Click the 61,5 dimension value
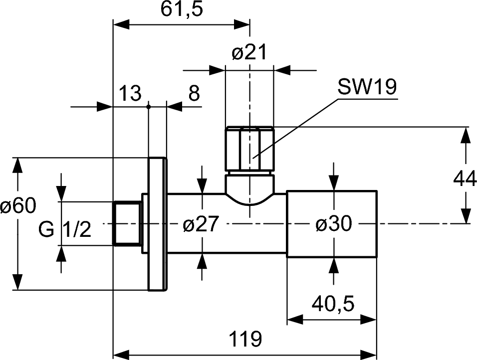[182, 10]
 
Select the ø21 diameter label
[249, 52]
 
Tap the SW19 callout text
[367, 88]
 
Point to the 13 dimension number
[130, 93]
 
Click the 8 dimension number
[194, 93]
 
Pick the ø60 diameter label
[18, 206]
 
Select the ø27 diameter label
[201, 225]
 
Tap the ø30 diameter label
[333, 225]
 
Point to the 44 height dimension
[465, 178]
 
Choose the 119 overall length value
[245, 340]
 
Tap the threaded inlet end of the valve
[128, 223]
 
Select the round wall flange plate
[157, 224]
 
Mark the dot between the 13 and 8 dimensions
[149, 106]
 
